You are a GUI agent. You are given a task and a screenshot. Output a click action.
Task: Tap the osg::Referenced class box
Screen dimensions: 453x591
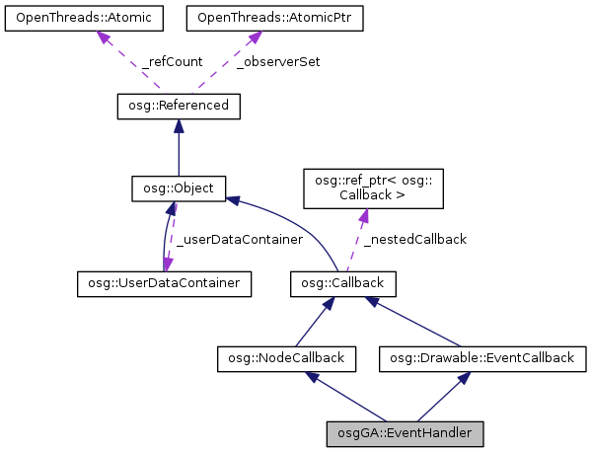[x=178, y=105]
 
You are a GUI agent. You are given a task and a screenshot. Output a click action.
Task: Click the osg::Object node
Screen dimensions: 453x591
[x=180, y=187]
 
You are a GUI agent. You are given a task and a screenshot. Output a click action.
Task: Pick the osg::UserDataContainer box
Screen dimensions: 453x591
[x=164, y=284]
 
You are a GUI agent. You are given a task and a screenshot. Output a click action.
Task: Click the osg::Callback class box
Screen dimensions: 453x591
[x=343, y=284]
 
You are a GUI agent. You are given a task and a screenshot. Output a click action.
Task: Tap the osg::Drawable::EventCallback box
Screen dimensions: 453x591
[x=482, y=358]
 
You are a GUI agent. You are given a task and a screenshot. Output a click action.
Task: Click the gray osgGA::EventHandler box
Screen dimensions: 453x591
[x=405, y=432]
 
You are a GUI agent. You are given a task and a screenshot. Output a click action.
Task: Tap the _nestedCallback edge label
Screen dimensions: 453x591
[x=414, y=238]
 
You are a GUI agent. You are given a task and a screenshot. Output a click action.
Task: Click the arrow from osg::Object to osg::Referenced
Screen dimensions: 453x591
[x=178, y=148]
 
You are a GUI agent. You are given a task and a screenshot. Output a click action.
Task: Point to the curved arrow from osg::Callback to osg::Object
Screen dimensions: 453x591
[x=296, y=222]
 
